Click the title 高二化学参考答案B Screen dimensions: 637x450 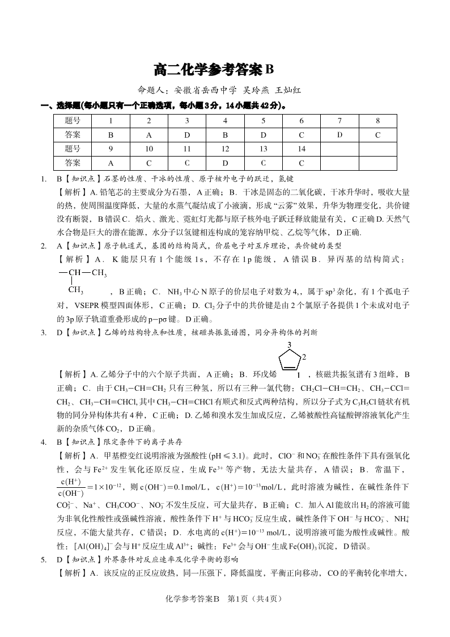214,70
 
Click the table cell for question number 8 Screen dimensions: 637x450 377,121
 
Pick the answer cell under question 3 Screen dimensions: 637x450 187,135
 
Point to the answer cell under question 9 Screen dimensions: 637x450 111,163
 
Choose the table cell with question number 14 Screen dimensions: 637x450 302,149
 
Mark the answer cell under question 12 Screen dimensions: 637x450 225,163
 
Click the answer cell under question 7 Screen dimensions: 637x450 339,135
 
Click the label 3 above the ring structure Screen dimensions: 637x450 290,345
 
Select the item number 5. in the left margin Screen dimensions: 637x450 43,560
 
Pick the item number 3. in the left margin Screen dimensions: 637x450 43,332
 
